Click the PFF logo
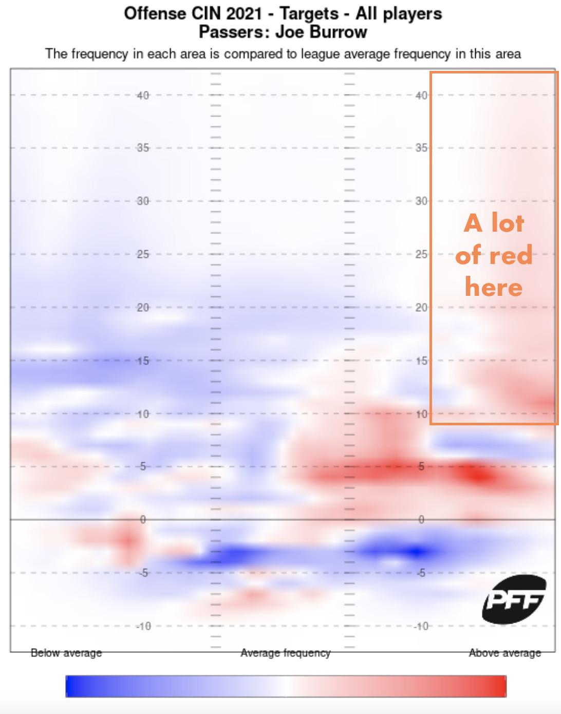click(513, 599)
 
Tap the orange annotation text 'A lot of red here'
click(494, 255)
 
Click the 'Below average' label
click(66, 653)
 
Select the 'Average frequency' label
click(286, 653)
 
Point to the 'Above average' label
click(504, 653)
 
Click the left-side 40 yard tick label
click(143, 95)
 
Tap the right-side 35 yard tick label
click(421, 148)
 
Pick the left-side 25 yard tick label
click(143, 254)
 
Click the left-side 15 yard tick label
click(143, 361)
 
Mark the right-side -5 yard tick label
click(421, 573)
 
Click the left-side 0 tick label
click(143, 520)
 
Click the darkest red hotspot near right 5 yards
click(479, 476)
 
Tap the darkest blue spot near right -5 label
click(416, 552)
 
